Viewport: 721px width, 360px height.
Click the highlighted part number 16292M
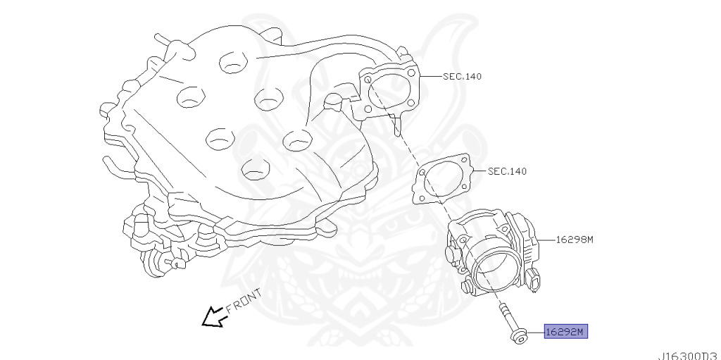[565, 331]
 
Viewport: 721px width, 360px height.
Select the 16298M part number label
[575, 240]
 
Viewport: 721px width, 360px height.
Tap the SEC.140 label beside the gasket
[507, 171]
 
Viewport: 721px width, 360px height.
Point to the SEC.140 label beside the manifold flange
[462, 76]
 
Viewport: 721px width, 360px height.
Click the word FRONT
[244, 300]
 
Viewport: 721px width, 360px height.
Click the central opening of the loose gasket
[444, 180]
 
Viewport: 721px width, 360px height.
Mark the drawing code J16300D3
[689, 356]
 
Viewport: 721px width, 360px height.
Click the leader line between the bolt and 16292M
[536, 332]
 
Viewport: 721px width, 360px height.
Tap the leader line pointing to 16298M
[546, 240]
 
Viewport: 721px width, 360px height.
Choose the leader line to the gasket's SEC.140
[479, 171]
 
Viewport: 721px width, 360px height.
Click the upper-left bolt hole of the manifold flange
[368, 80]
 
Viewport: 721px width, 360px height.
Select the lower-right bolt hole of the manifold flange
[410, 103]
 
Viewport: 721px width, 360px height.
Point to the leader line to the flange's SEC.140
[430, 76]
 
